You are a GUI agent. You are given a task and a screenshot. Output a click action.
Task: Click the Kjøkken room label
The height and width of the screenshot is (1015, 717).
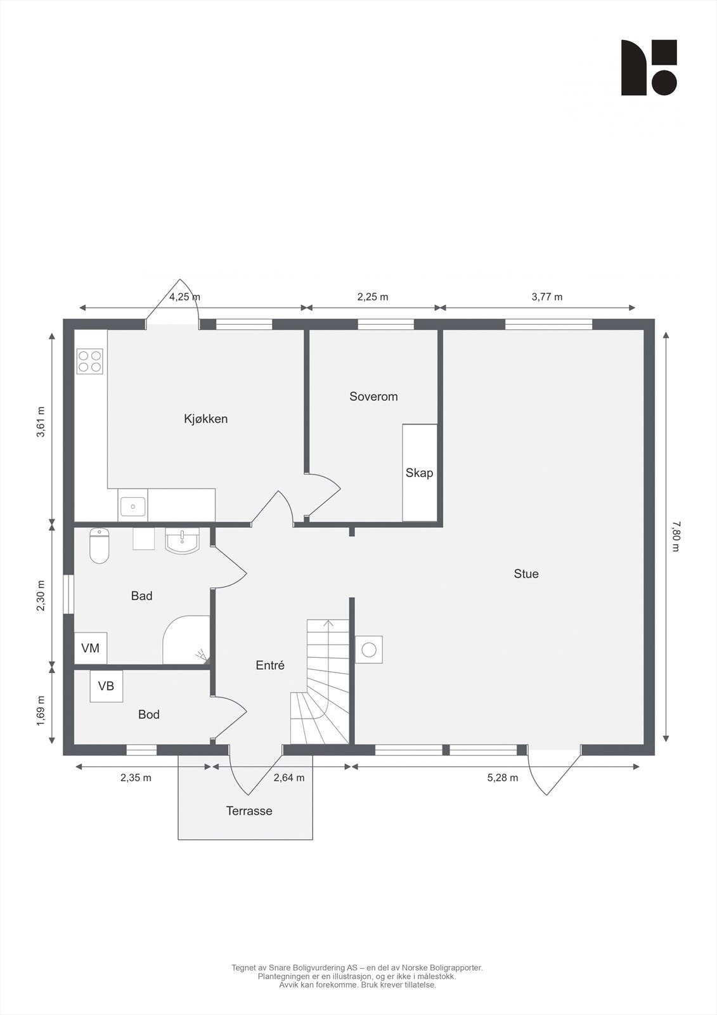(x=205, y=419)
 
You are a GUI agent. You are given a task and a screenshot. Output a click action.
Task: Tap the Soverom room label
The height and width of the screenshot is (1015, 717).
(x=373, y=396)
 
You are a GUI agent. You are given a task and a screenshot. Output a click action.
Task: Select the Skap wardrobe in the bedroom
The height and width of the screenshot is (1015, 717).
(x=420, y=473)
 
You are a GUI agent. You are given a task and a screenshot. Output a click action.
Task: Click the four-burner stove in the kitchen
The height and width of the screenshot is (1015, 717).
(x=89, y=361)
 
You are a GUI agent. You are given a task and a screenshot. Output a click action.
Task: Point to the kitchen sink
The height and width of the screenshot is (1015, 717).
(x=132, y=506)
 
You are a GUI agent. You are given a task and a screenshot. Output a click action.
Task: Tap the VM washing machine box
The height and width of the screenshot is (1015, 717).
(x=91, y=648)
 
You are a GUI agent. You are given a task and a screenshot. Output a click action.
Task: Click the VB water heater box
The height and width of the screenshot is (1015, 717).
(x=106, y=686)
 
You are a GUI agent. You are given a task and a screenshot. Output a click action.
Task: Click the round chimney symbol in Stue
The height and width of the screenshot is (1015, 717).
(x=369, y=649)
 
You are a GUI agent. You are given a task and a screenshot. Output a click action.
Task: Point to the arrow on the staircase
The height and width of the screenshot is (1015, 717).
(x=328, y=624)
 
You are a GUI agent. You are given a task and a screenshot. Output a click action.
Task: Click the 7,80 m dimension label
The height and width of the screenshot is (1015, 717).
(x=675, y=536)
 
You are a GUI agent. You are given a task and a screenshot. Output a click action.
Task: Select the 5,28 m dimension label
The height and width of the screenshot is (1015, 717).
(x=503, y=778)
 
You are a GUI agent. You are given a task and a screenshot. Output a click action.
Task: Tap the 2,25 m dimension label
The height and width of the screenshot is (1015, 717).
(x=373, y=296)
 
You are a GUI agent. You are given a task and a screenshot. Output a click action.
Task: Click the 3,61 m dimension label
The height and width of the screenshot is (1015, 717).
(x=41, y=422)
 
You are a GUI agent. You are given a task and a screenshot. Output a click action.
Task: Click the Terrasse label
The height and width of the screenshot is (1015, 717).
(x=249, y=811)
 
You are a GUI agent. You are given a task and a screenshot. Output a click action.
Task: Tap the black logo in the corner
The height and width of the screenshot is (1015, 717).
(x=649, y=68)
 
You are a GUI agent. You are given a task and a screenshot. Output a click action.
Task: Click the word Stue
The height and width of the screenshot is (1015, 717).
(x=526, y=573)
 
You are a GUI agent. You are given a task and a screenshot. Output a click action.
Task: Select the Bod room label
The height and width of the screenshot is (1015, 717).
(x=149, y=714)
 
